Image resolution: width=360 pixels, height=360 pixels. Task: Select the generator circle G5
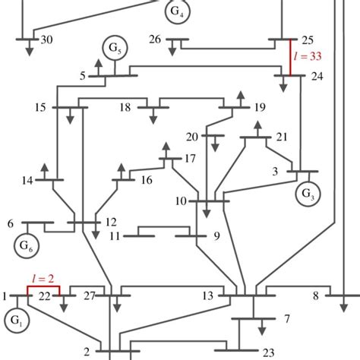point(118,50)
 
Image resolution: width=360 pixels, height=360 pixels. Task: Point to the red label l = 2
point(43,280)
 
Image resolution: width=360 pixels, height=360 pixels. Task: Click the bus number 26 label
point(155,39)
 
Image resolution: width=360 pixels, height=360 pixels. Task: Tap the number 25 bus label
point(308,39)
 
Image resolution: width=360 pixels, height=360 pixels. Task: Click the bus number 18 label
point(125,108)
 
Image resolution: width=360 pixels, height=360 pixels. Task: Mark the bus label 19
point(260,108)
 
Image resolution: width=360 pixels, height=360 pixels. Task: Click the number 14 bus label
point(27,181)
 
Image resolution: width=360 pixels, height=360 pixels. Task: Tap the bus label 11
point(115,236)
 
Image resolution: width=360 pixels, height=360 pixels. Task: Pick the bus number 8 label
point(315,295)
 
